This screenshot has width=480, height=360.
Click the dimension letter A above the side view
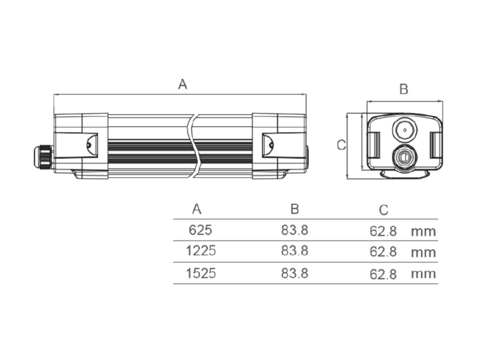click(x=182, y=84)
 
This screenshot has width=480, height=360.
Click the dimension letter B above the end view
click(x=404, y=89)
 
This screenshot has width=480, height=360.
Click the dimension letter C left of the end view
click(x=341, y=145)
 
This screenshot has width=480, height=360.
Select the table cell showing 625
click(x=200, y=230)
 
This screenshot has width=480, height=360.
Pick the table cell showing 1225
click(x=201, y=251)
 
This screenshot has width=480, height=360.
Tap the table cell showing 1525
click(x=201, y=273)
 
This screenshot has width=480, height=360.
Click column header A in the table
click(x=197, y=209)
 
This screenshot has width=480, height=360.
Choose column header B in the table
click(x=295, y=209)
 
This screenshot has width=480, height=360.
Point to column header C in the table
click(x=383, y=211)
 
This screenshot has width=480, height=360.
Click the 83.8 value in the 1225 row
click(x=295, y=251)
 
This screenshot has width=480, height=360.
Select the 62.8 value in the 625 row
click(x=383, y=231)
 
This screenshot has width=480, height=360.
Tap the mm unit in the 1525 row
click(x=424, y=274)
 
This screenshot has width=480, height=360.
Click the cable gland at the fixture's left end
click(x=43, y=157)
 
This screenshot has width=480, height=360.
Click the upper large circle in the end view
click(x=404, y=130)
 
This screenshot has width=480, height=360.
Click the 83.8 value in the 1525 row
click(x=295, y=273)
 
